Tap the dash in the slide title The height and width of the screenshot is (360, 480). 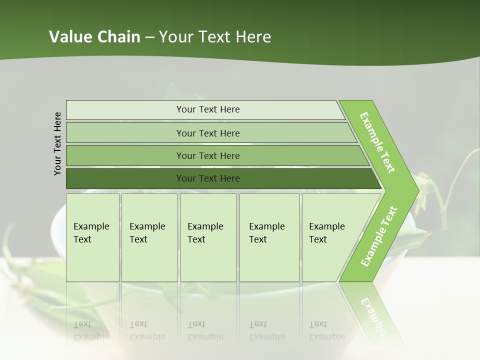[x=149, y=37]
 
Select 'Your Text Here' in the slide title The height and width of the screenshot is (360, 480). [x=215, y=37]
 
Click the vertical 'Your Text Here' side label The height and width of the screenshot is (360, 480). [x=57, y=144]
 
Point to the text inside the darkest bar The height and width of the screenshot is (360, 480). [x=208, y=178]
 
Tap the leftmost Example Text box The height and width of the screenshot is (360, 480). [x=92, y=237]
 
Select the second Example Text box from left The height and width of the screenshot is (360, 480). [x=149, y=237]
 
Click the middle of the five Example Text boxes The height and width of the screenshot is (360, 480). [x=208, y=237]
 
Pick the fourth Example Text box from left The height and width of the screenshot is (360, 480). [x=269, y=237]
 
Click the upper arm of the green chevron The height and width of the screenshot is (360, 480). [x=377, y=142]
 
